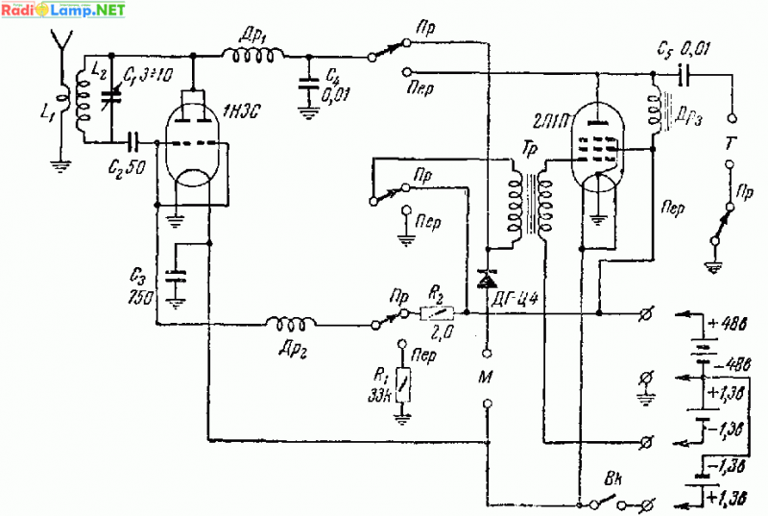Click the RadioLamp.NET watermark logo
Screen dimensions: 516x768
[63, 11]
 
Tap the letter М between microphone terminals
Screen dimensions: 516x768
[486, 376]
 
